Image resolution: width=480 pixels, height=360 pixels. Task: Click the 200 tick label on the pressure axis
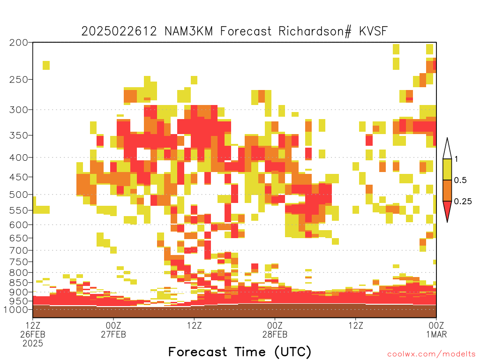(18, 43)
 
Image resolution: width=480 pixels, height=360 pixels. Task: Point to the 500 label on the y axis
(18, 195)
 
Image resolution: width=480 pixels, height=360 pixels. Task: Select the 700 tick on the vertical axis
(18, 250)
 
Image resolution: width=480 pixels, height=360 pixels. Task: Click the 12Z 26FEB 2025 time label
(33, 334)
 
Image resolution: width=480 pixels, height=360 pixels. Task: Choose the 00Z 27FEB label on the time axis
(113, 330)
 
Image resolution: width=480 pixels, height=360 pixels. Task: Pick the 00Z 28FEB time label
(275, 330)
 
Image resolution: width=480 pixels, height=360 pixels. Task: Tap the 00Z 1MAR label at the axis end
(436, 330)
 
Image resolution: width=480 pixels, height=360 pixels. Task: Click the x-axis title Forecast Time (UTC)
(240, 352)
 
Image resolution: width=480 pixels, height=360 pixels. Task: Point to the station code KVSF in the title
(373, 31)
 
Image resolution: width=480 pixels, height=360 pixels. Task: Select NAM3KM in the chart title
(188, 31)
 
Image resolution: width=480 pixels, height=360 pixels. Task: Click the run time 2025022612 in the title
(119, 31)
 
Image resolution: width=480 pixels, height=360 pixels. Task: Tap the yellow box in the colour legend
(447, 169)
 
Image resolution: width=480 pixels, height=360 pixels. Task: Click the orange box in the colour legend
(447, 190)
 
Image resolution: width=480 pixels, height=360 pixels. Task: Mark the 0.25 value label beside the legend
(463, 201)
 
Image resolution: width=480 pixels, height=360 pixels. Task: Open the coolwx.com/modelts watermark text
(431, 354)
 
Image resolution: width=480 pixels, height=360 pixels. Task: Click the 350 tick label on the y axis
(18, 135)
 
